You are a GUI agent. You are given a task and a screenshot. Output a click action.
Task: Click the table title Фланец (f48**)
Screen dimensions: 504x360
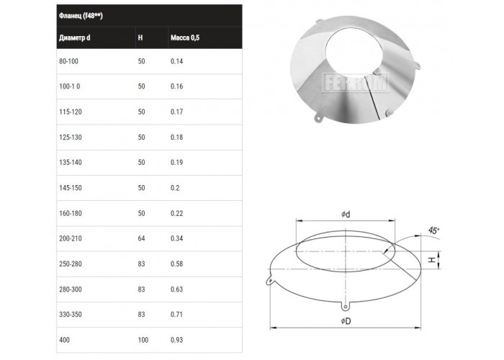point(81,15)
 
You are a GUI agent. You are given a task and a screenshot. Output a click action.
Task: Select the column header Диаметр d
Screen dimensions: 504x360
point(75,37)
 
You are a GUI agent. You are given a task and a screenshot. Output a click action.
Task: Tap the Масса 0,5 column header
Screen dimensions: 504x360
point(185,37)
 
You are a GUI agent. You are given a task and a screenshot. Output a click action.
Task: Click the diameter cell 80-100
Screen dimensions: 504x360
point(68,61)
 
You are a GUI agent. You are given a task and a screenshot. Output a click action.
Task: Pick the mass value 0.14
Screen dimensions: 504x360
point(177,61)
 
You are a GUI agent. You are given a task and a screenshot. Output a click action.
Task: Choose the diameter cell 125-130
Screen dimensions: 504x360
point(71,138)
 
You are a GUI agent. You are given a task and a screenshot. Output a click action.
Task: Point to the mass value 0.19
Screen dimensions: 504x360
point(177,162)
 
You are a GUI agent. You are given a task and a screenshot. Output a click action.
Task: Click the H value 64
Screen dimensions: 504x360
point(141,238)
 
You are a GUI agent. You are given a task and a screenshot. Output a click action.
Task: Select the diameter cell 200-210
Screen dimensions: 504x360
point(71,238)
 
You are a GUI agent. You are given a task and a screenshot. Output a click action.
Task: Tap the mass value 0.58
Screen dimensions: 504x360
point(177,264)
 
